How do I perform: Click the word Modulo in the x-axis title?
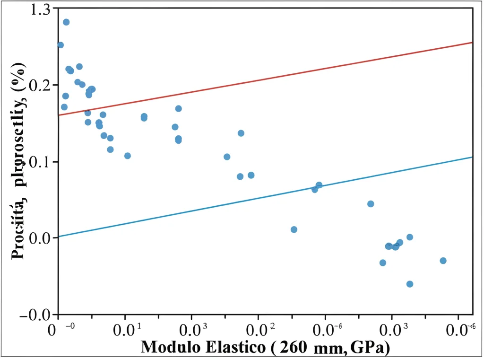click(x=168, y=347)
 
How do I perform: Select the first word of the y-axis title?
click(x=19, y=230)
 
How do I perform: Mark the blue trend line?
click(x=265, y=196)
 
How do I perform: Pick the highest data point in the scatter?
click(x=66, y=22)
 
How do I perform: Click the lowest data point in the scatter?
click(x=410, y=284)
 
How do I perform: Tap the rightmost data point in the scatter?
click(x=443, y=261)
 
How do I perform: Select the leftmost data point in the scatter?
click(x=60, y=45)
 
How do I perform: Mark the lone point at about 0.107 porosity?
click(x=127, y=156)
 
